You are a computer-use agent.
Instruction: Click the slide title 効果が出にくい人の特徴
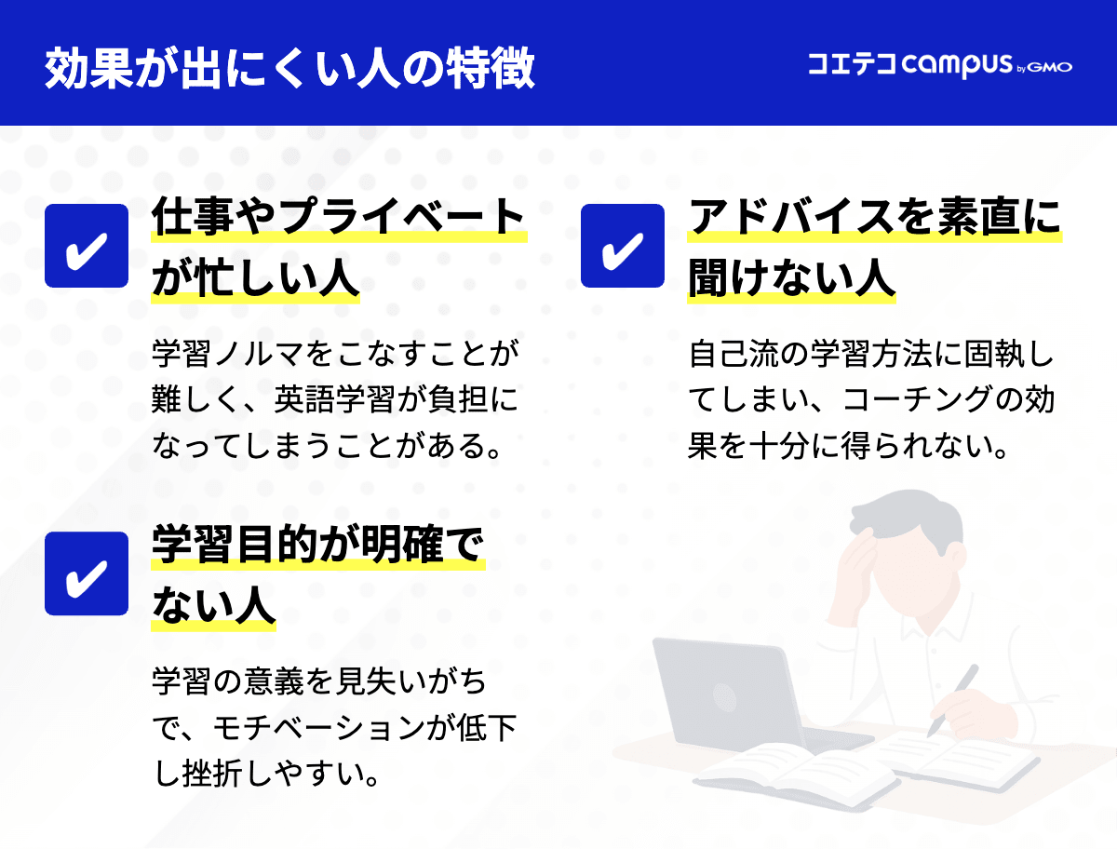(x=289, y=67)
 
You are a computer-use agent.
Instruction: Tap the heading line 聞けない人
(x=791, y=276)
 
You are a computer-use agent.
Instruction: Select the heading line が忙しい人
(x=255, y=276)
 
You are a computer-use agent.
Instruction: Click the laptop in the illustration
(x=726, y=694)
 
